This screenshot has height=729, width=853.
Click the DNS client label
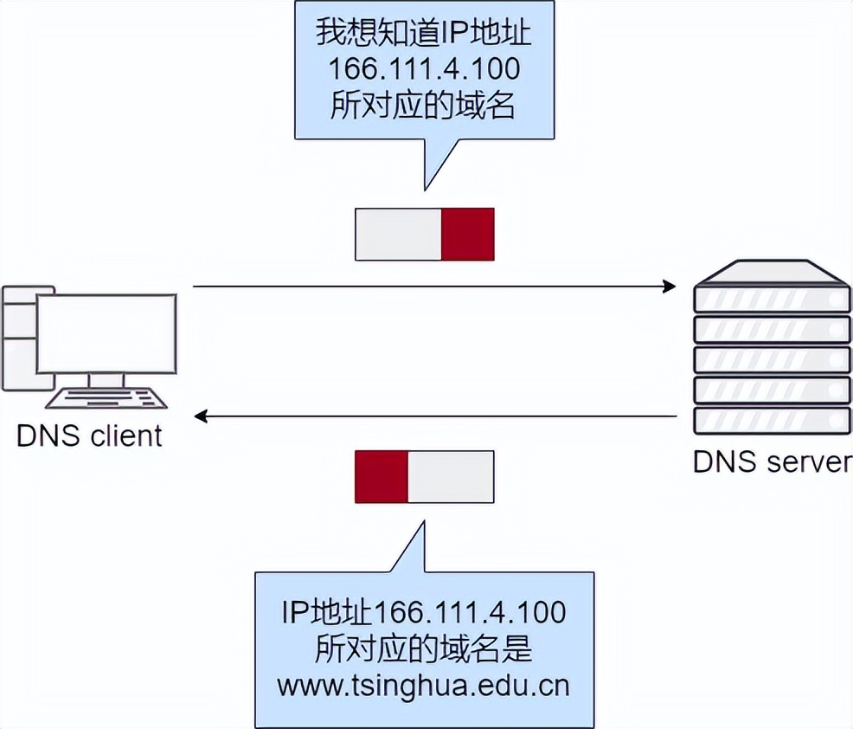point(90,435)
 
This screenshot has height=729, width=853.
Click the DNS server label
point(772,461)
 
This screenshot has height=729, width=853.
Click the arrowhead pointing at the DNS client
point(202,416)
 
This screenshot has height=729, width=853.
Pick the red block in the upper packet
point(468,234)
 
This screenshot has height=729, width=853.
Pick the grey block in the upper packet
point(399,234)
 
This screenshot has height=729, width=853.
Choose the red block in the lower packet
point(381,476)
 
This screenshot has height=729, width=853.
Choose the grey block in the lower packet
point(451,476)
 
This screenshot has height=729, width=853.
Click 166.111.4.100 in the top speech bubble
point(424,68)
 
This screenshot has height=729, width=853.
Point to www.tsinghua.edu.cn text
point(424,685)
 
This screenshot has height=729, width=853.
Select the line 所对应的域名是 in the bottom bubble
point(424,648)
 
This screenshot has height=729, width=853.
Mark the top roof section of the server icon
point(772,274)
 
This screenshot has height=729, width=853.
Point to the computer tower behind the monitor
point(19,338)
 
